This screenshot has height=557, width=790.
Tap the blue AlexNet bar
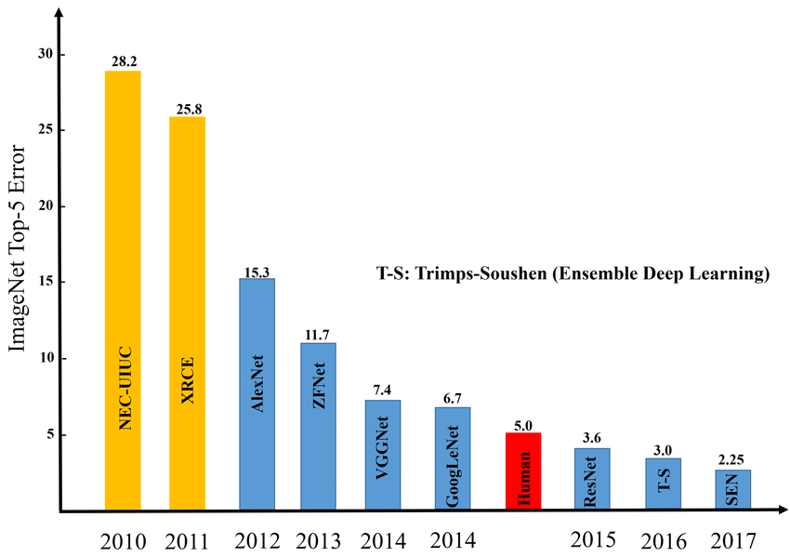click(257, 394)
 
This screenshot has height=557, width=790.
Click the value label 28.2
click(123, 60)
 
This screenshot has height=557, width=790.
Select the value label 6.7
click(453, 397)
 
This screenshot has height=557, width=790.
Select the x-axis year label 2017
click(731, 540)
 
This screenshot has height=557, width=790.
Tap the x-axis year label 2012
click(257, 540)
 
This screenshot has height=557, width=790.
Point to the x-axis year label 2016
click(663, 540)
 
